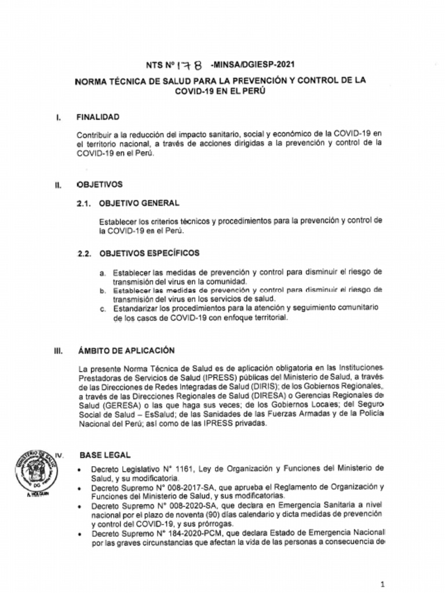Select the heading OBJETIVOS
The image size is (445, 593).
point(99,185)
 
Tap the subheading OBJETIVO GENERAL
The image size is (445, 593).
point(139,203)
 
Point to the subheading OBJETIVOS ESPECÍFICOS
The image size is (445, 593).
point(149,253)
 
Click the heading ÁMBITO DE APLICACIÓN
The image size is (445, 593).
point(126,351)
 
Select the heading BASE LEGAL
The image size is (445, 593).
point(105,456)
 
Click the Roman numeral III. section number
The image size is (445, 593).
point(58,352)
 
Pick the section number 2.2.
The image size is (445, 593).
point(85,254)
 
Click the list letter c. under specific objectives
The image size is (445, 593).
point(102,309)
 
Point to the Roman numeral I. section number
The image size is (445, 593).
point(59,118)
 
